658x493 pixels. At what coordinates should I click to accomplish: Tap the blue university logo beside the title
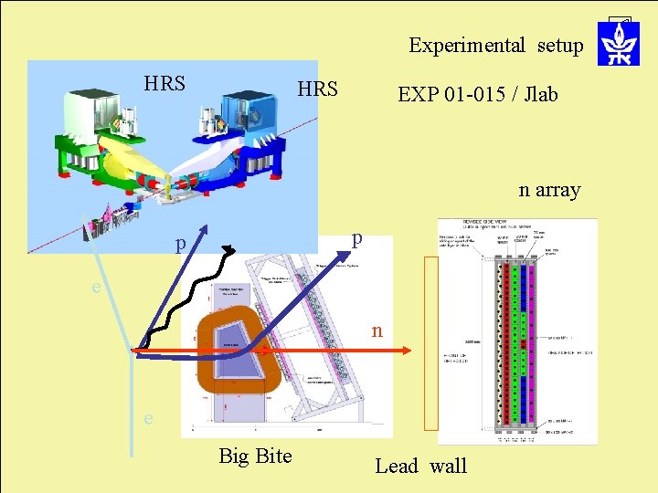pos(618,43)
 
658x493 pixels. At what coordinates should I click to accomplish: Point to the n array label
pos(549,190)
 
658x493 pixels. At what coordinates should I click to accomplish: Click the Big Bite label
pos(255,456)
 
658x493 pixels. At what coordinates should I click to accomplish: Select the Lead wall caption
pos(420,466)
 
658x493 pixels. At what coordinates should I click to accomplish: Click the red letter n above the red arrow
pos(377,330)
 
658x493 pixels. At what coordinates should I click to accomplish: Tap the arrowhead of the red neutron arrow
pos(409,351)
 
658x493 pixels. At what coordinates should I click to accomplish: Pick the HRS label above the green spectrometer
pos(164,84)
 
